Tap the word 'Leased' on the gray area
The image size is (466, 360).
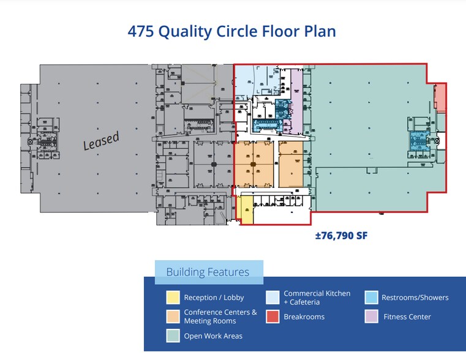point(101,141)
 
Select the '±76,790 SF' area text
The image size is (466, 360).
point(340,235)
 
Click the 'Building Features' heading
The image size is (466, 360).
point(208,272)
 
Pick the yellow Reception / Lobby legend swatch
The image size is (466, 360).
point(173,298)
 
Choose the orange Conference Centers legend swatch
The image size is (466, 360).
point(173,317)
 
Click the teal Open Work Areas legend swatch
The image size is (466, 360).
point(173,336)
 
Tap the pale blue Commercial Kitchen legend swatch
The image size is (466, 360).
point(273,298)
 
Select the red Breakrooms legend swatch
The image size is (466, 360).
point(273,317)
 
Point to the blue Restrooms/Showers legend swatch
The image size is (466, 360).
point(371,298)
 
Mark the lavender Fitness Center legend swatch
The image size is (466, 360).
point(371,317)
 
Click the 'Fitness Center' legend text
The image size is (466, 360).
point(407,317)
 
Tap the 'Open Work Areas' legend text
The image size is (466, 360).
point(213,336)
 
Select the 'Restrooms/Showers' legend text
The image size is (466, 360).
point(415,298)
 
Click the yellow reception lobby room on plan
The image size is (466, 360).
point(246,210)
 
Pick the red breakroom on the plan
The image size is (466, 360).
point(440,98)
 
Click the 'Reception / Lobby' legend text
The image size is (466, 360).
point(214,298)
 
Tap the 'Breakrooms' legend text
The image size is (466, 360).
point(304,317)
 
